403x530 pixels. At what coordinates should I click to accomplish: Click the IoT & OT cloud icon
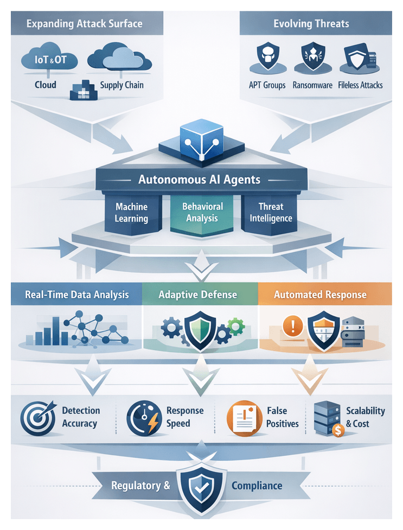[x=45, y=59]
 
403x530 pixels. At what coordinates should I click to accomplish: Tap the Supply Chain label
[x=122, y=85]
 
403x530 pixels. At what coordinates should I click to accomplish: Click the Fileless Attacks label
[x=360, y=85]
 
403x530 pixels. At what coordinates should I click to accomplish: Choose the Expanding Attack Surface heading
[x=84, y=24]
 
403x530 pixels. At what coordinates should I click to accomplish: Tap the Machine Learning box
[x=131, y=213]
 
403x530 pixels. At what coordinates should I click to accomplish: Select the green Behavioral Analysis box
[x=202, y=212]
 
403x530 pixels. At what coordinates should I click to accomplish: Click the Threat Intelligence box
[x=271, y=213]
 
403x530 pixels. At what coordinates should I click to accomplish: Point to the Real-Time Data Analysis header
[x=77, y=295]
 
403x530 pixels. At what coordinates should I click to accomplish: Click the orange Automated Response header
[x=320, y=295]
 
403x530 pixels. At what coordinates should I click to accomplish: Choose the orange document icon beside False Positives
[x=244, y=418]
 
